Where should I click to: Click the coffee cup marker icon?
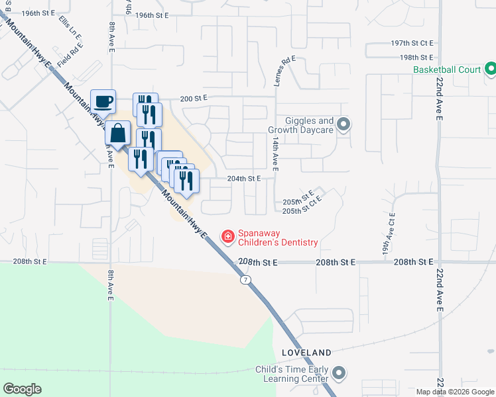(103, 102)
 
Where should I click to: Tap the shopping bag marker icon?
(117, 132)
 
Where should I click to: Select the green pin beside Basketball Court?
(490, 68)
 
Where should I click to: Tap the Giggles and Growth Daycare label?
(300, 125)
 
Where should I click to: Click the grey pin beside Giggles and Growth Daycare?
(343, 124)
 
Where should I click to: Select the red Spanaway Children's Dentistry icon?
(227, 236)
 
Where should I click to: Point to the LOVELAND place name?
(306, 353)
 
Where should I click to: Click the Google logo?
(22, 389)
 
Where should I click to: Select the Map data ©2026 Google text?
(455, 392)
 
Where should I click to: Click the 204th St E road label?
(243, 179)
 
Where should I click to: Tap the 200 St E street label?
(194, 98)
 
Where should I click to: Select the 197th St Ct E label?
(412, 42)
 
